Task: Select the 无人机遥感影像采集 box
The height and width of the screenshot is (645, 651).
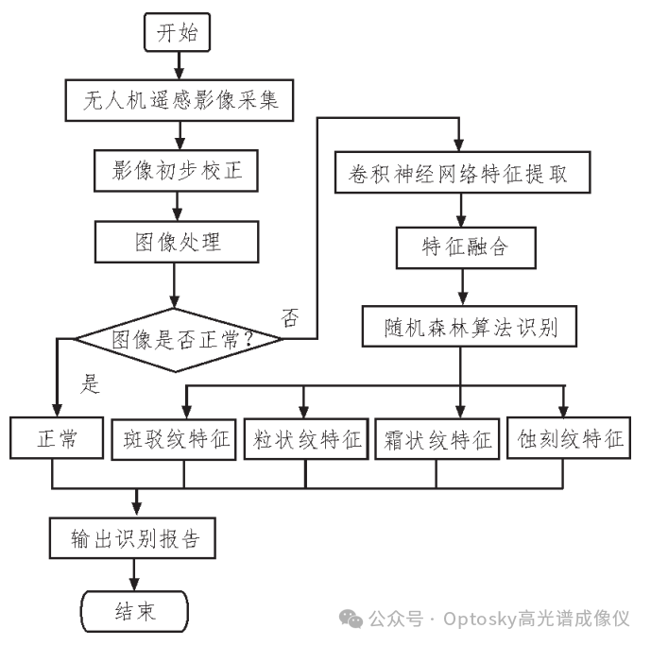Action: tap(176, 98)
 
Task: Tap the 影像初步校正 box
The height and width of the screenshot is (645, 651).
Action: tap(176, 170)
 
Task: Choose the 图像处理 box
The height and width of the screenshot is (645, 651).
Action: tap(176, 242)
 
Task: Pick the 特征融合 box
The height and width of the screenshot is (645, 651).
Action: tap(463, 247)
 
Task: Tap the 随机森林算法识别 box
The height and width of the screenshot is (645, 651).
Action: tap(463, 328)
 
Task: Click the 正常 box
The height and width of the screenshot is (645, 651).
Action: tap(57, 438)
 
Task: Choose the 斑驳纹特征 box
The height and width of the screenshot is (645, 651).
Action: tap(178, 438)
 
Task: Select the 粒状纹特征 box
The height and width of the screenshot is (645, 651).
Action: tap(307, 438)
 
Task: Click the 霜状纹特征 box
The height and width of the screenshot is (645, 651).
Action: tap(437, 438)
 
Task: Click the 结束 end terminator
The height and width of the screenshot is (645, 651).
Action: tap(135, 611)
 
